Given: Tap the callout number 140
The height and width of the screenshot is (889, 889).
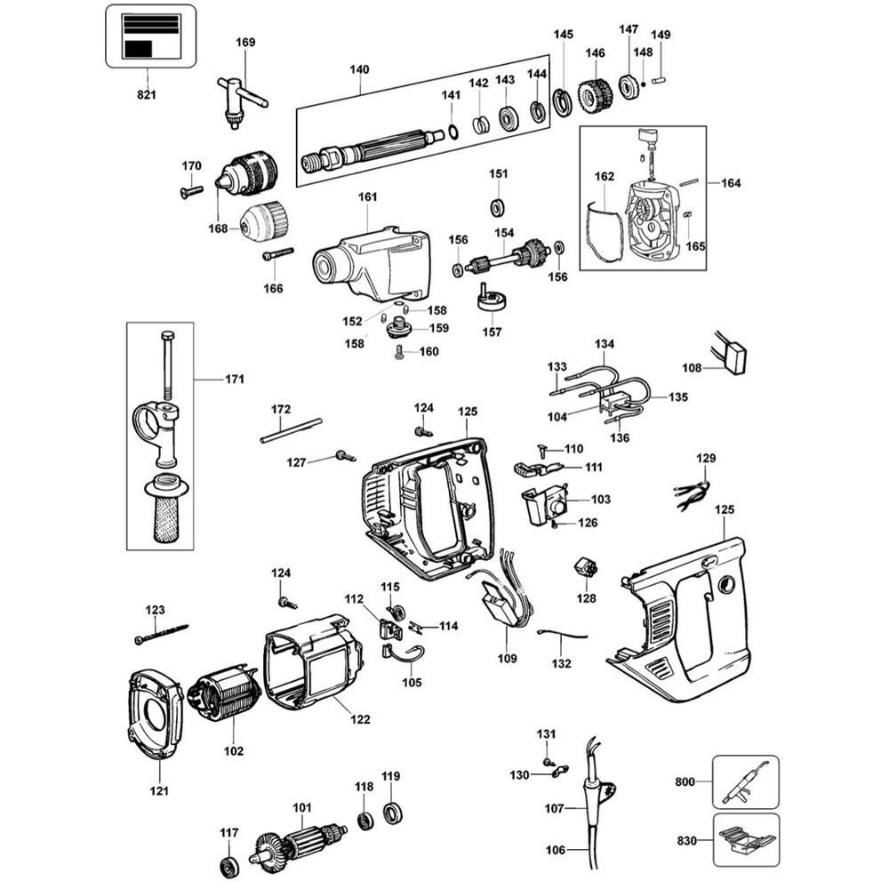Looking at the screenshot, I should [x=359, y=68].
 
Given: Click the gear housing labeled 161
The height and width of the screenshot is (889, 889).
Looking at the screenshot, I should [x=373, y=260].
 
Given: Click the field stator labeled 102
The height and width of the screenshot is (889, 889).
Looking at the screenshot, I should [x=225, y=702].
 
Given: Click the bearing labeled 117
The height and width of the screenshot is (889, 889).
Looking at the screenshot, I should [x=229, y=866].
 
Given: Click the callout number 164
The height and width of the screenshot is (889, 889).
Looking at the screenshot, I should [x=730, y=183].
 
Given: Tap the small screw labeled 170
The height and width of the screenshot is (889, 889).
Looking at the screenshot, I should [x=191, y=188].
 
